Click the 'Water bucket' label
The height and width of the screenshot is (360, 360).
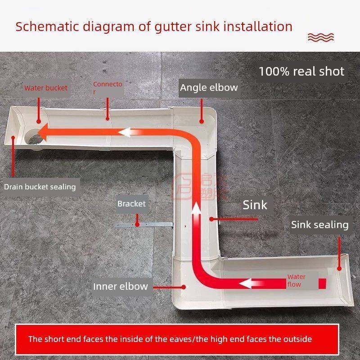(x=46, y=88)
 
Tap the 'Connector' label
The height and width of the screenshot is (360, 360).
(x=108, y=88)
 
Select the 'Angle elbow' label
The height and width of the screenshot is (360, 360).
(x=209, y=87)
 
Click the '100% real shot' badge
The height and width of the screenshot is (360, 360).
(x=301, y=71)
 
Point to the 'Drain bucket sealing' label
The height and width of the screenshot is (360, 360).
(x=40, y=186)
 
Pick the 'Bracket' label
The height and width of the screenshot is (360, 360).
(x=131, y=204)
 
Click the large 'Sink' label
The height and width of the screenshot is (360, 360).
(x=255, y=205)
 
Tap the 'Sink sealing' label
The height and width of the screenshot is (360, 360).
(x=319, y=225)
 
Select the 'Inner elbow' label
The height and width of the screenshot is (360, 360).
(x=120, y=286)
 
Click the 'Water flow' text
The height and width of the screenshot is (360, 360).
(x=296, y=280)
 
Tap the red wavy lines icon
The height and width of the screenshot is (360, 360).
(x=320, y=36)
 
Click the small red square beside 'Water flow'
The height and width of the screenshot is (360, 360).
(x=322, y=283)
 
